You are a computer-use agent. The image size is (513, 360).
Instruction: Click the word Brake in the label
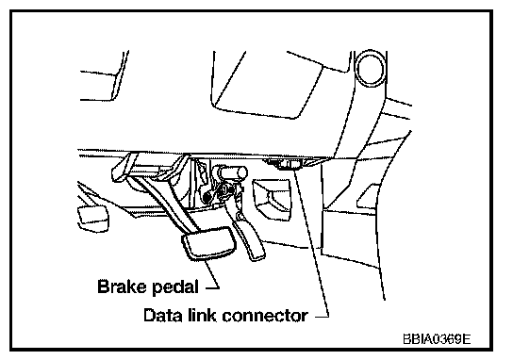[x=122, y=286]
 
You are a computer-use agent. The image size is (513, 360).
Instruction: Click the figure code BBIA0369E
[x=437, y=339]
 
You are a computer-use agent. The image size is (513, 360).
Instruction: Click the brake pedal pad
[x=208, y=243]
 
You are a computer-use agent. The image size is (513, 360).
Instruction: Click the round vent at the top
[x=371, y=68]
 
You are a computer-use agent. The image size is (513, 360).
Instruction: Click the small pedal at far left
[x=92, y=219]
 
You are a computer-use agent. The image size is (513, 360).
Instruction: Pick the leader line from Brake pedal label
[x=211, y=274]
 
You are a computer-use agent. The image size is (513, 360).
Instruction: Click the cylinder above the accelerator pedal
[x=232, y=172]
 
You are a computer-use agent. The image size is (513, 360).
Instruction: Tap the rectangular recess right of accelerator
[x=272, y=200]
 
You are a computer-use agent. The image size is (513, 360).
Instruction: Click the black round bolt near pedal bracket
[x=207, y=197]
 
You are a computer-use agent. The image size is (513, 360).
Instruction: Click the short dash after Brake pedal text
[x=212, y=288]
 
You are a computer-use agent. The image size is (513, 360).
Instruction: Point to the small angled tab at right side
[x=367, y=196]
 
